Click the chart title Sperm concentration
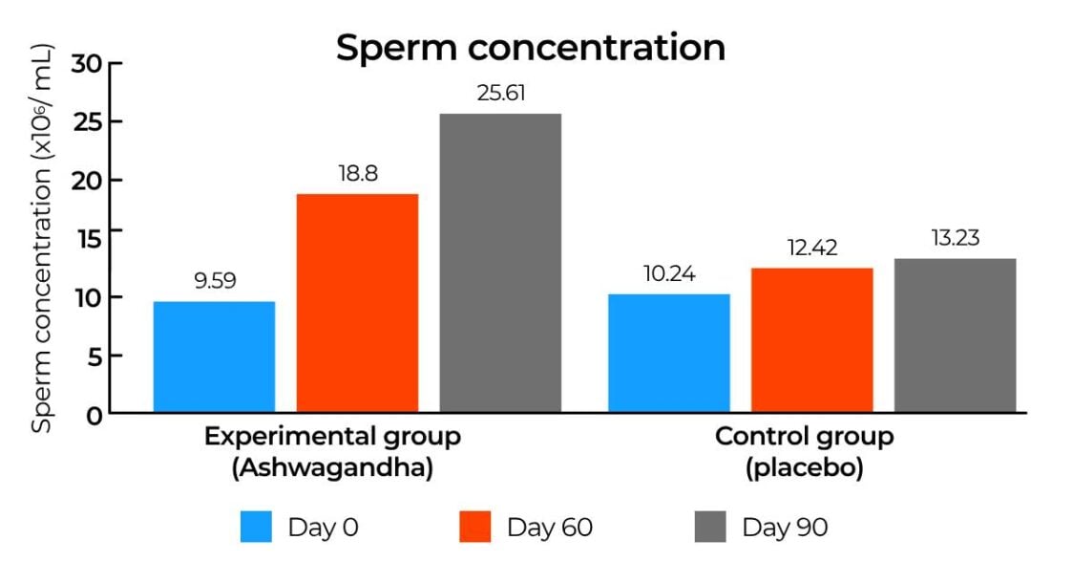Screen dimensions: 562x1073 [530, 47]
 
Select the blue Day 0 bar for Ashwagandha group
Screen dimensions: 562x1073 [215, 357]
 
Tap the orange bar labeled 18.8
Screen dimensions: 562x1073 [357, 303]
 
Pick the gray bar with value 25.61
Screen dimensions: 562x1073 [500, 263]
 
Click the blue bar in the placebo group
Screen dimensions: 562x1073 [669, 354]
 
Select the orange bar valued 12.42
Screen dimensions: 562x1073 [812, 340]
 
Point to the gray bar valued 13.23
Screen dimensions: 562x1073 [955, 335]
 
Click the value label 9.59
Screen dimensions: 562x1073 [215, 281]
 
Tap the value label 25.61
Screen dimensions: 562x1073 [500, 94]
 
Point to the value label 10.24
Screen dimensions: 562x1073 [669, 274]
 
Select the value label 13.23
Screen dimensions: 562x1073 [955, 238]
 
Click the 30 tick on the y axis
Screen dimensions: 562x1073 [89, 63]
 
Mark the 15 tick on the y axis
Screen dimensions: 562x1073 [89, 239]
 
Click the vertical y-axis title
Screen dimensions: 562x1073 [41, 239]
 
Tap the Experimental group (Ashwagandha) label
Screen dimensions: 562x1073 [332, 452]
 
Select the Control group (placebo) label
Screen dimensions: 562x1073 [804, 452]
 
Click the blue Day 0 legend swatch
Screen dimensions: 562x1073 [257, 526]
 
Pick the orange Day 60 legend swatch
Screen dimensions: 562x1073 [474, 526]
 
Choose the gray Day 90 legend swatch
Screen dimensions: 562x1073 [710, 526]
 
